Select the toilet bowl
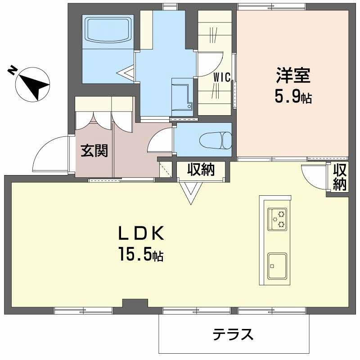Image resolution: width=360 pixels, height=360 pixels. click(x=215, y=140)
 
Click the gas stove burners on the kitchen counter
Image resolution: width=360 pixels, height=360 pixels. click(x=277, y=219)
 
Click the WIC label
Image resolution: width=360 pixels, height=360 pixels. click(x=222, y=77)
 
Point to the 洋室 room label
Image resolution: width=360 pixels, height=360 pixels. click(x=293, y=76)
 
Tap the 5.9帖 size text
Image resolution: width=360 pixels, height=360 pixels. click(x=293, y=97)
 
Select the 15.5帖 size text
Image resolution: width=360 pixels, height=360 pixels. click(x=140, y=255)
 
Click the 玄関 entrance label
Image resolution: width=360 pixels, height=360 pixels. click(x=94, y=151)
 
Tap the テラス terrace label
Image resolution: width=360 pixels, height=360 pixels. click(x=233, y=334)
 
